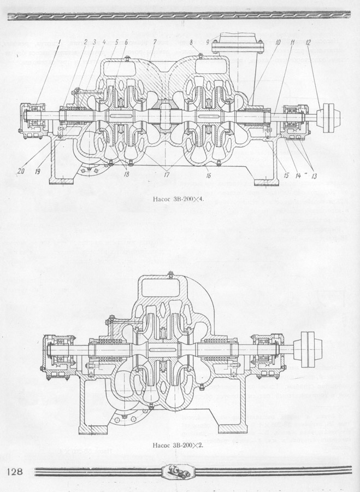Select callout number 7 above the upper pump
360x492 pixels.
tap(156, 42)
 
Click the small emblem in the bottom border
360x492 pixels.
tap(180, 471)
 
